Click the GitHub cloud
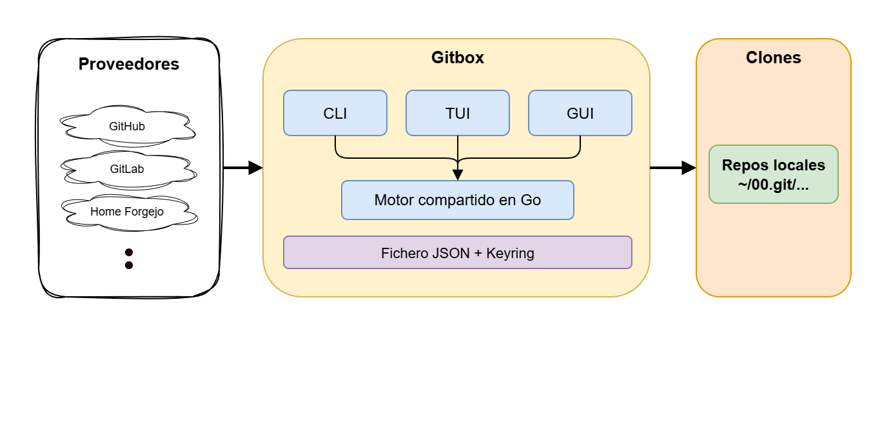(x=127, y=126)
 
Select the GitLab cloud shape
(x=127, y=169)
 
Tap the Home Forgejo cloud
(x=127, y=212)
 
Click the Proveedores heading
(x=129, y=65)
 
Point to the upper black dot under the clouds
(x=129, y=252)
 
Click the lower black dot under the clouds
(x=129, y=265)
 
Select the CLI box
(x=335, y=113)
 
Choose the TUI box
(x=458, y=113)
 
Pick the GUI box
(x=580, y=113)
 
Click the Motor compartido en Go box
(x=458, y=200)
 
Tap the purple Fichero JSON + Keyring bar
(x=458, y=252)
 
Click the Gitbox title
(x=458, y=57)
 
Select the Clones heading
(x=774, y=57)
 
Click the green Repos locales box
(x=774, y=174)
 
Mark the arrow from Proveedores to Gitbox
(x=242, y=168)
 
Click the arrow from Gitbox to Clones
(x=672, y=168)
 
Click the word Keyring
(x=510, y=253)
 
